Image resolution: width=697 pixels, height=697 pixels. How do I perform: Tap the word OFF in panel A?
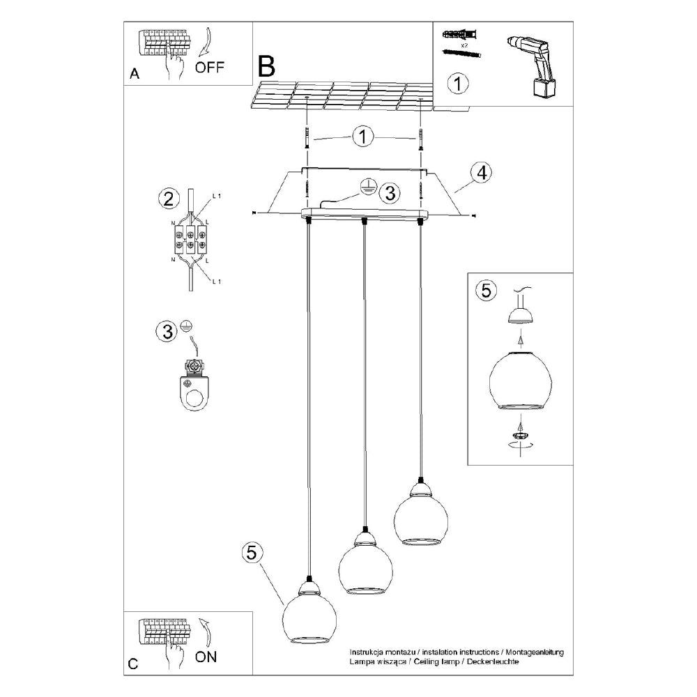tap(210, 68)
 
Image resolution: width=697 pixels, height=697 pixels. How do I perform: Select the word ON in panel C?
tap(206, 656)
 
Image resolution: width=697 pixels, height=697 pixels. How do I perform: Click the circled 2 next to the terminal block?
tap(166, 199)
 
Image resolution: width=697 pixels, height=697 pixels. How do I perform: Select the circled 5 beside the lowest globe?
tap(252, 552)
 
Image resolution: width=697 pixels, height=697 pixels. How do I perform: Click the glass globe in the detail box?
tap(520, 381)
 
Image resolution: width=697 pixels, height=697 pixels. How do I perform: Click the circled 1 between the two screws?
tap(362, 137)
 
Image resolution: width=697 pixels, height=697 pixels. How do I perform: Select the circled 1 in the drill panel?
tap(457, 84)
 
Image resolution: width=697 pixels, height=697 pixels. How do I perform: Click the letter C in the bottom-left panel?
tap(133, 664)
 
